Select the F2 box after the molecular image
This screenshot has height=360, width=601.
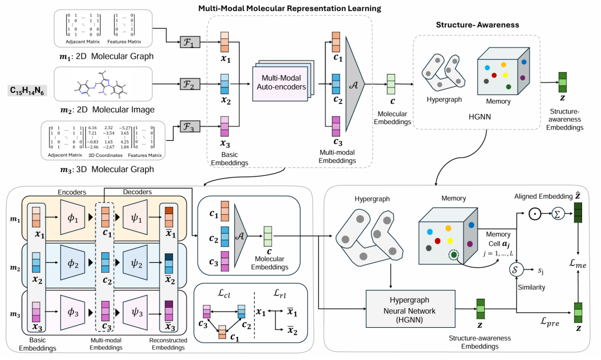189,85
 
